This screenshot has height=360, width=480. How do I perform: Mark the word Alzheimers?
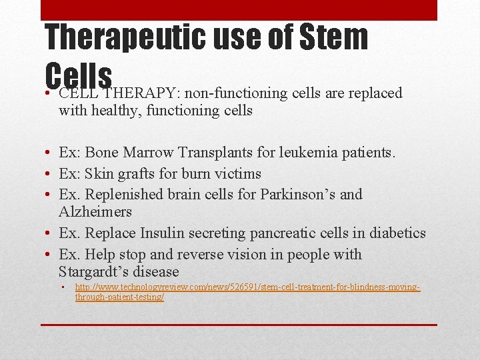point(95,212)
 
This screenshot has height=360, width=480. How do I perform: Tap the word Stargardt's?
point(93,272)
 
